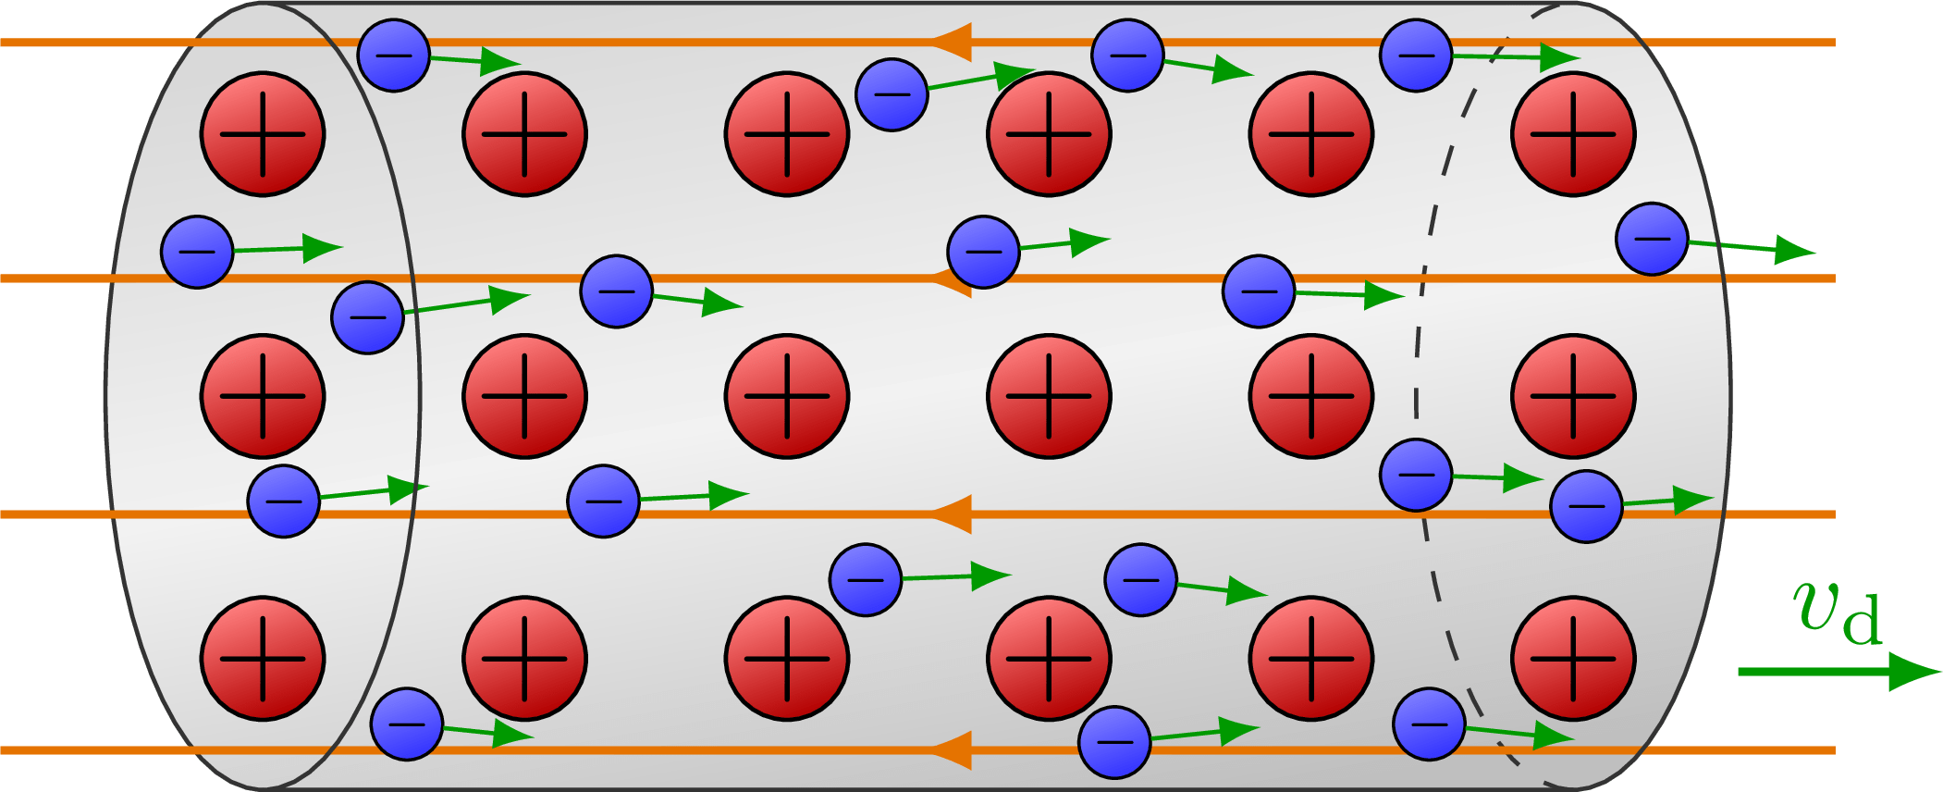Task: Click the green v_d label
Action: (1836, 613)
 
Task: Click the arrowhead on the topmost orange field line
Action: (953, 43)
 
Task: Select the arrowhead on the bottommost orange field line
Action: (953, 749)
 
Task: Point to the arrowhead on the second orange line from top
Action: (953, 278)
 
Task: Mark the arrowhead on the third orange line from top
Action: (953, 514)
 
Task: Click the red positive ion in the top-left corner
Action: (263, 134)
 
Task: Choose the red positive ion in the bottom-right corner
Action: (1573, 659)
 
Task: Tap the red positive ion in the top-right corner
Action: (1573, 134)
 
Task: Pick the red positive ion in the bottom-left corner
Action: (263, 659)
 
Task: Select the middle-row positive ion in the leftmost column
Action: (263, 396)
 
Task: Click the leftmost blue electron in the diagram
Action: (197, 252)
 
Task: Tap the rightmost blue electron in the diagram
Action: (1652, 239)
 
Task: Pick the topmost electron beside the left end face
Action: (394, 56)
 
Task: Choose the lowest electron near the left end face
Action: (407, 724)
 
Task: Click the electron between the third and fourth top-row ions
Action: (892, 94)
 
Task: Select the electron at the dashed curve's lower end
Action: (1429, 724)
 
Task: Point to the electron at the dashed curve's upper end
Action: (1416, 56)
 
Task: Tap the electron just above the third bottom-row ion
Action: (866, 580)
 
